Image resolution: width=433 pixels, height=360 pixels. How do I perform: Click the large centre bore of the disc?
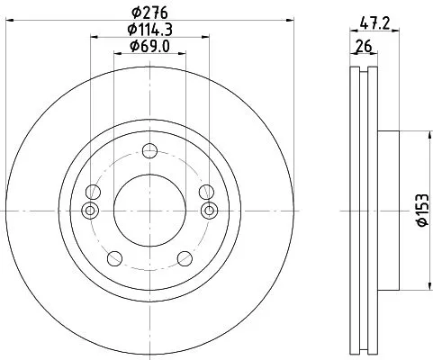tap(149, 210)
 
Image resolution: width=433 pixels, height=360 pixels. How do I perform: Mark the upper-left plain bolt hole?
tap(93, 191)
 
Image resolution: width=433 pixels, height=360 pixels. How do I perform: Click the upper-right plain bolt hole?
tap(205, 191)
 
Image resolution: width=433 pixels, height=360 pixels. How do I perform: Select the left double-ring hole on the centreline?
tap(88, 211)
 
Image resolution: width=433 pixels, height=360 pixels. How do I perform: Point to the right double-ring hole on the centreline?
tap(210, 211)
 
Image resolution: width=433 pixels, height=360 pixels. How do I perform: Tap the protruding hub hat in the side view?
tap(388, 210)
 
